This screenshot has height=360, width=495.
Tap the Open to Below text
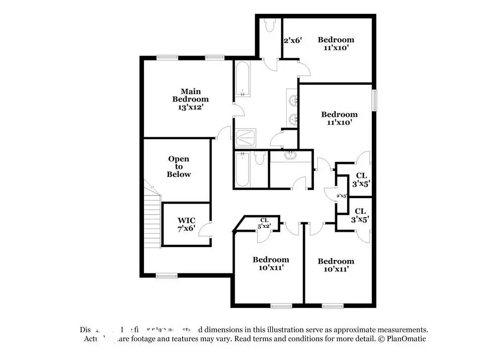point(179,167)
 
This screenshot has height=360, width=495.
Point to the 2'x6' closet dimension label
point(292,41)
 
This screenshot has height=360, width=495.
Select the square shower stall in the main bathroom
point(246,137)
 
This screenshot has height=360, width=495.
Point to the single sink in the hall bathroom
point(291,156)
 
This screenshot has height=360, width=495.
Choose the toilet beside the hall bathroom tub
point(259,158)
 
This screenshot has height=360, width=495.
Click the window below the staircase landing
point(166,276)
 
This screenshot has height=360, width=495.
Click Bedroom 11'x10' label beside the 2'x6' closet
point(336,44)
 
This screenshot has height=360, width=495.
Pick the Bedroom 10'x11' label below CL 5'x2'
point(271,263)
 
